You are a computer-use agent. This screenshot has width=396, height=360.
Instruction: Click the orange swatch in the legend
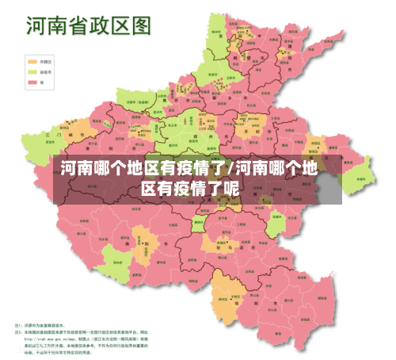pos(22,60)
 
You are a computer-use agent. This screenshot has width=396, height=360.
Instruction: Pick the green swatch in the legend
pos(22,71)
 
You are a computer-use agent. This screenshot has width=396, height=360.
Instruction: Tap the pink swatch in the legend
pos(22,81)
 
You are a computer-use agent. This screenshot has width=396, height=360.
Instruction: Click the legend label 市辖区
pos(35,60)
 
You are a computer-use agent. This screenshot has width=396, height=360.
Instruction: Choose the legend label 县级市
pos(35,71)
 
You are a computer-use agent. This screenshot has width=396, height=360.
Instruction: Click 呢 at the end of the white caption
pos(231,188)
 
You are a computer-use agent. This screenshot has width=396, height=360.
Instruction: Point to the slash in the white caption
pos(230,168)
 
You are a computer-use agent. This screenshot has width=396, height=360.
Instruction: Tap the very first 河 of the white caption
pos(70,168)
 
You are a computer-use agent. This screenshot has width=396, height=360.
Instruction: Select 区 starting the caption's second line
pos(149,188)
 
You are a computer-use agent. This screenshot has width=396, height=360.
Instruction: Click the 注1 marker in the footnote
pos(19,325)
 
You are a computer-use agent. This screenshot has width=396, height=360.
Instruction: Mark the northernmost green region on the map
pos(217,28)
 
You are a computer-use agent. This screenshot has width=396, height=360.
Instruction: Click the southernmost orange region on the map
pos(225,297)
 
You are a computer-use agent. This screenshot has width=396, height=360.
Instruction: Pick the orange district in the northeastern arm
pos(281,59)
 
